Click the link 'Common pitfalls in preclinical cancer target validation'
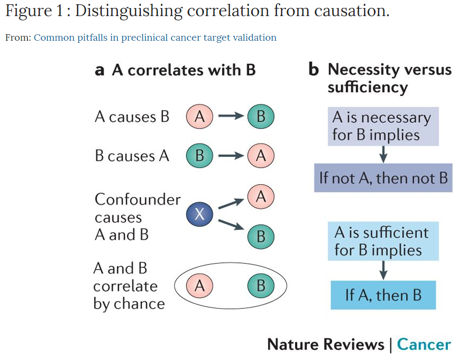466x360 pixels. pos(155,37)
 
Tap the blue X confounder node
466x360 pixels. pos(199,215)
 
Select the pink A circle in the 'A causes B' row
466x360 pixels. pos(199,117)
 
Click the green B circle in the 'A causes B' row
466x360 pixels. pos(261,117)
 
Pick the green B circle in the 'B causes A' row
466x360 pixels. pos(199,156)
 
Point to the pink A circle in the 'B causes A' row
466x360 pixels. pos(261,156)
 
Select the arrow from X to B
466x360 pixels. pos(231,226)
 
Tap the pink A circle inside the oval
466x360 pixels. pos(199,286)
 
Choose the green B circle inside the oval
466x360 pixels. pos(261,286)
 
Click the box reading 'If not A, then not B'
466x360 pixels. pos(383,178)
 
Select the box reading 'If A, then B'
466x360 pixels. pos(383,295)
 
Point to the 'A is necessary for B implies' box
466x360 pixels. pos(383,126)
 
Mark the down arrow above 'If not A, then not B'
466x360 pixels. pos(383,154)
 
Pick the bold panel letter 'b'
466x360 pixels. pos(314,70)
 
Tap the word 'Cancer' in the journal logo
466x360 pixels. pos(424,344)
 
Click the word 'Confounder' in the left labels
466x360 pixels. pos(138,200)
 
